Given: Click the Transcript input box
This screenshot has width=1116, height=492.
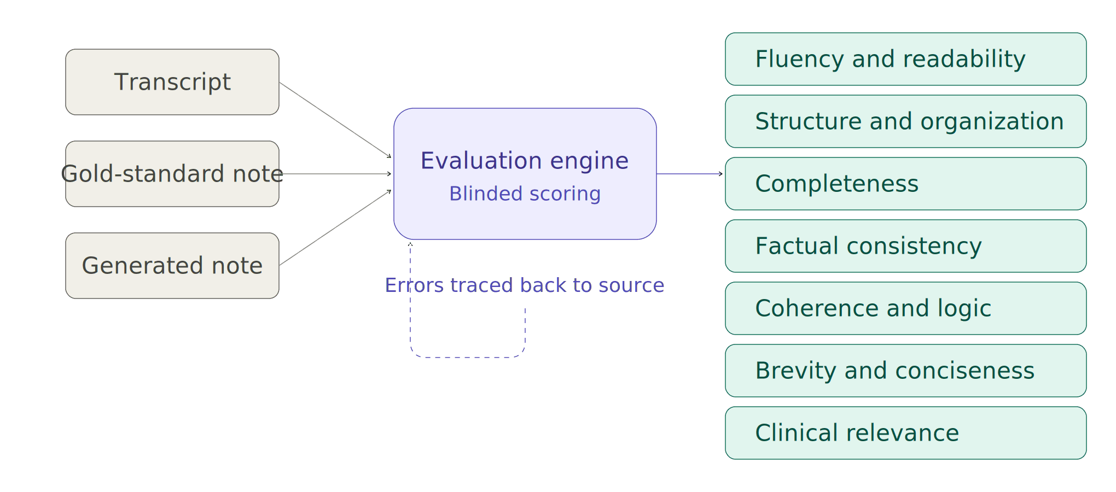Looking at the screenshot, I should [172, 82].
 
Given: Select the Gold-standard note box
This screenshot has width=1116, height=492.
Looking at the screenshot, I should [172, 174].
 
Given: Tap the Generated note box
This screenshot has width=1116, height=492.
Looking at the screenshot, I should [172, 266].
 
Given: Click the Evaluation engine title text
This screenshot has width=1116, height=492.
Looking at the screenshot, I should [525, 161].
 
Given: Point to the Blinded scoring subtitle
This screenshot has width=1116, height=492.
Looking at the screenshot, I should [525, 194].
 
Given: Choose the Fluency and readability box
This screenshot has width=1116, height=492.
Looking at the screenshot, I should [905, 59].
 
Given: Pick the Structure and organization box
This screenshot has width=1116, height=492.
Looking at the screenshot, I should [905, 121].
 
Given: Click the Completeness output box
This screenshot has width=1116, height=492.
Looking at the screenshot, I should [905, 184].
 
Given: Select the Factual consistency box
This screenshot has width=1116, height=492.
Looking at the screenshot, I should [905, 246].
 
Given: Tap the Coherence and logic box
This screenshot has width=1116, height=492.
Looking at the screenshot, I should [905, 308].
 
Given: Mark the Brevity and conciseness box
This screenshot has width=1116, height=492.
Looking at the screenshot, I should [905, 371].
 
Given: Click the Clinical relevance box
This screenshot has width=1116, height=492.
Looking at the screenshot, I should [905, 433].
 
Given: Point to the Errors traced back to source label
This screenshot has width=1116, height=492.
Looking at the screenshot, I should [525, 285].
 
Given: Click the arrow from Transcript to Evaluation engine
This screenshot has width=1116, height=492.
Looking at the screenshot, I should [335, 120].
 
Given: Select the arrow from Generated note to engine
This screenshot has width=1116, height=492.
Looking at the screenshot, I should [335, 229].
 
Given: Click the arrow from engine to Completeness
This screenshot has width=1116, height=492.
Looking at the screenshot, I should [689, 174].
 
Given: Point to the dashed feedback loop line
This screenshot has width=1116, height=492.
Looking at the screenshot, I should [468, 357].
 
